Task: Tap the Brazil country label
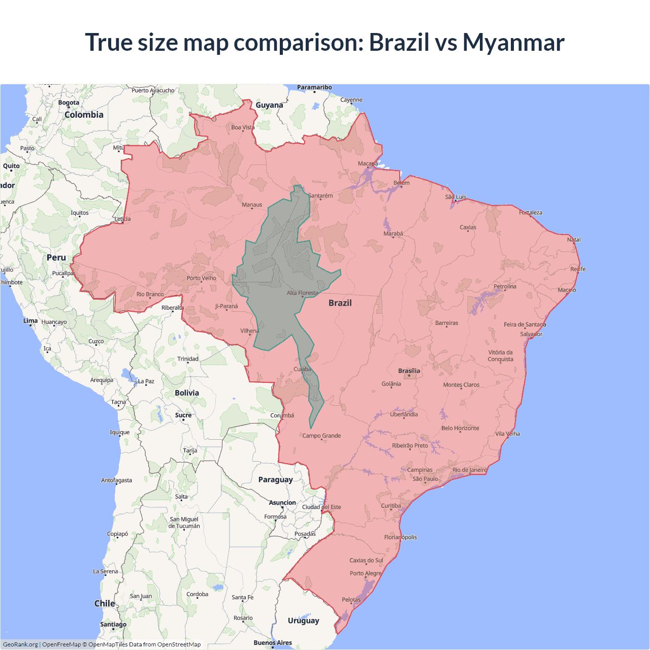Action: [340, 303]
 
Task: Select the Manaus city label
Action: [252, 205]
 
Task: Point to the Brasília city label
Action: [409, 371]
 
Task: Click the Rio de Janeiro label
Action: [469, 470]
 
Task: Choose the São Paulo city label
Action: [425, 479]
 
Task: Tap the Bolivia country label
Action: [187, 393]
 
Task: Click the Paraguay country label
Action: [275, 480]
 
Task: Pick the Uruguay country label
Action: [303, 621]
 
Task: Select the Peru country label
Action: [56, 257]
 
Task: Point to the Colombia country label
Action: [84, 115]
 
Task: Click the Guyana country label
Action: [269, 105]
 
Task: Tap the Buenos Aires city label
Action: [273, 643]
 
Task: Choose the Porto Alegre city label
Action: [365, 573]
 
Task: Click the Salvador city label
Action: [531, 334]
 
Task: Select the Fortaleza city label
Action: [530, 212]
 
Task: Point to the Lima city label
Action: [30, 321]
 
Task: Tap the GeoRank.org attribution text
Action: [20, 644]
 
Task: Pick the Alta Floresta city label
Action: [302, 293]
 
